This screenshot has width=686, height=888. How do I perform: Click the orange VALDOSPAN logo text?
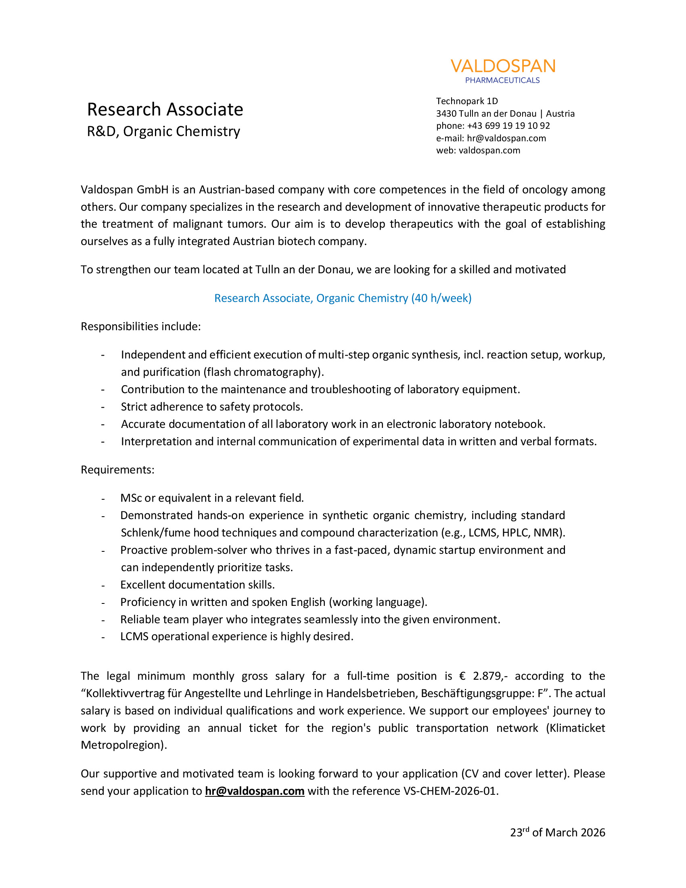pos(503,66)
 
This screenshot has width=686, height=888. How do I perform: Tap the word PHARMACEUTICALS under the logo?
pos(502,80)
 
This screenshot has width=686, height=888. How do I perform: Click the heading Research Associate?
pos(165,109)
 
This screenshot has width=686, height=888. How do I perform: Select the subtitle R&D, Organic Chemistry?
pos(163,131)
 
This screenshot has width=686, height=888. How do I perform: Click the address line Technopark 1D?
pos(467,101)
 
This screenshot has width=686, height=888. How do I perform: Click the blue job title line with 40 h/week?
pos(343,298)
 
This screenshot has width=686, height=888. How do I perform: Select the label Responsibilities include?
pos(140,327)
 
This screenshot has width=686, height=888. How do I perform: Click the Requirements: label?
pos(117,469)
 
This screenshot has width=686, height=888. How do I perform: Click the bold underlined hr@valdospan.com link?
pos(255,791)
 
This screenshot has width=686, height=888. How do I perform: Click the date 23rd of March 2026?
pos(558,833)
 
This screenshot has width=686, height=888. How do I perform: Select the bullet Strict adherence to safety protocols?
pos(212,406)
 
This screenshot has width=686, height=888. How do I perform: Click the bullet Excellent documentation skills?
pos(197,585)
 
